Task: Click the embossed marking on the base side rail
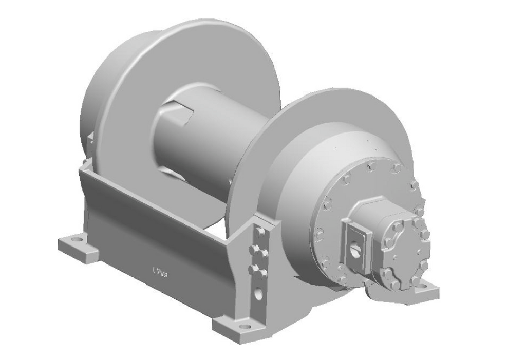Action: coord(161,270)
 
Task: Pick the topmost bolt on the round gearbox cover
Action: coord(371,165)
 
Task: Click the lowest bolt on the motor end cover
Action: coord(394,283)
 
